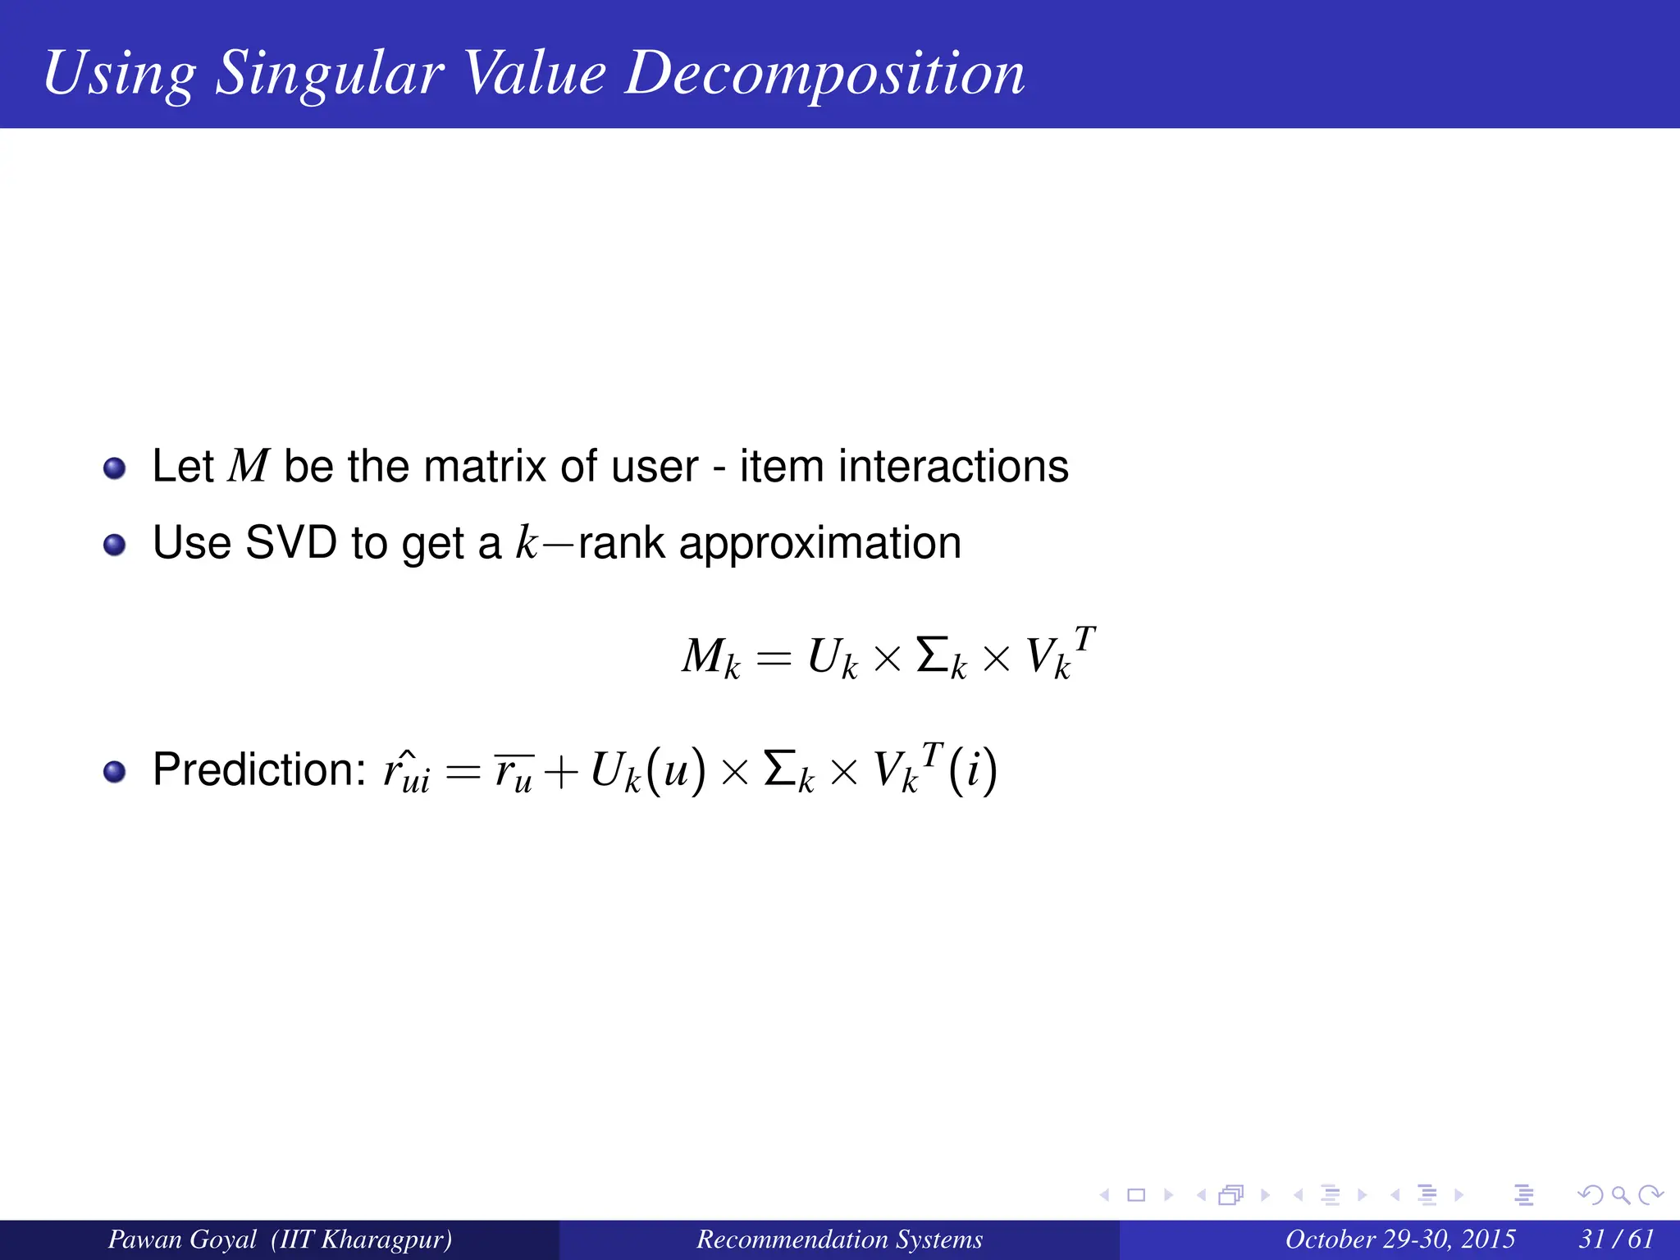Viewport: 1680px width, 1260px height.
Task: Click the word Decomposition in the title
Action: (824, 74)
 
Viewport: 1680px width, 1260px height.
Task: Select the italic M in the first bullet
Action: (249, 466)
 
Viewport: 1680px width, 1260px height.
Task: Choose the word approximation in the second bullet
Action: (819, 544)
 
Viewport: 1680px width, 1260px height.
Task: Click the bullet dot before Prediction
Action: (115, 771)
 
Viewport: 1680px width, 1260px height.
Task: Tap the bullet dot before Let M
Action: (115, 468)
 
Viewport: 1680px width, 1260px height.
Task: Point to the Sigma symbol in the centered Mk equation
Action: (933, 655)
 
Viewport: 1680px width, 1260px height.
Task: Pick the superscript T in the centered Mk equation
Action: (1084, 638)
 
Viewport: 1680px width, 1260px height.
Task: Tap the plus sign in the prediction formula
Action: (560, 773)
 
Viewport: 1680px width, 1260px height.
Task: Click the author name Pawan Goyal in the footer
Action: (182, 1239)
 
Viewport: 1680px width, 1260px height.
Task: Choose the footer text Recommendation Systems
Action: (839, 1239)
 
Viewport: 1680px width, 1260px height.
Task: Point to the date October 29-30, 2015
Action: (1399, 1239)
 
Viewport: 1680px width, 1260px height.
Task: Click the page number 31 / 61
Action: (1616, 1239)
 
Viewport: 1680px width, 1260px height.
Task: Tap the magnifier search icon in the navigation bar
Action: (1620, 1194)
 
